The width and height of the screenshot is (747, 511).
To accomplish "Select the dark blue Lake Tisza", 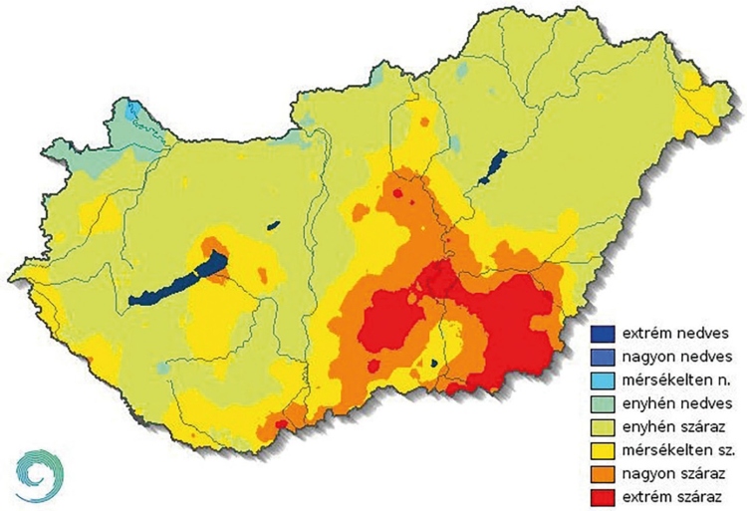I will coord(492,168).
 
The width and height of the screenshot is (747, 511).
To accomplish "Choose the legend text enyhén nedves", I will coord(676,402).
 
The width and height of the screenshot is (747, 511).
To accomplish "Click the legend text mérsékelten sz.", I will coord(681,448).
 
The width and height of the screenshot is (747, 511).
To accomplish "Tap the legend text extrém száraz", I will coord(677,495).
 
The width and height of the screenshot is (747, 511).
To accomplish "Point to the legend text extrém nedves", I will coord(676,333).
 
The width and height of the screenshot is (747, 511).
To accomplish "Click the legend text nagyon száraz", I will coord(676,472).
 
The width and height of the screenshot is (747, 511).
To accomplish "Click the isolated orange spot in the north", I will coord(426,122).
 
